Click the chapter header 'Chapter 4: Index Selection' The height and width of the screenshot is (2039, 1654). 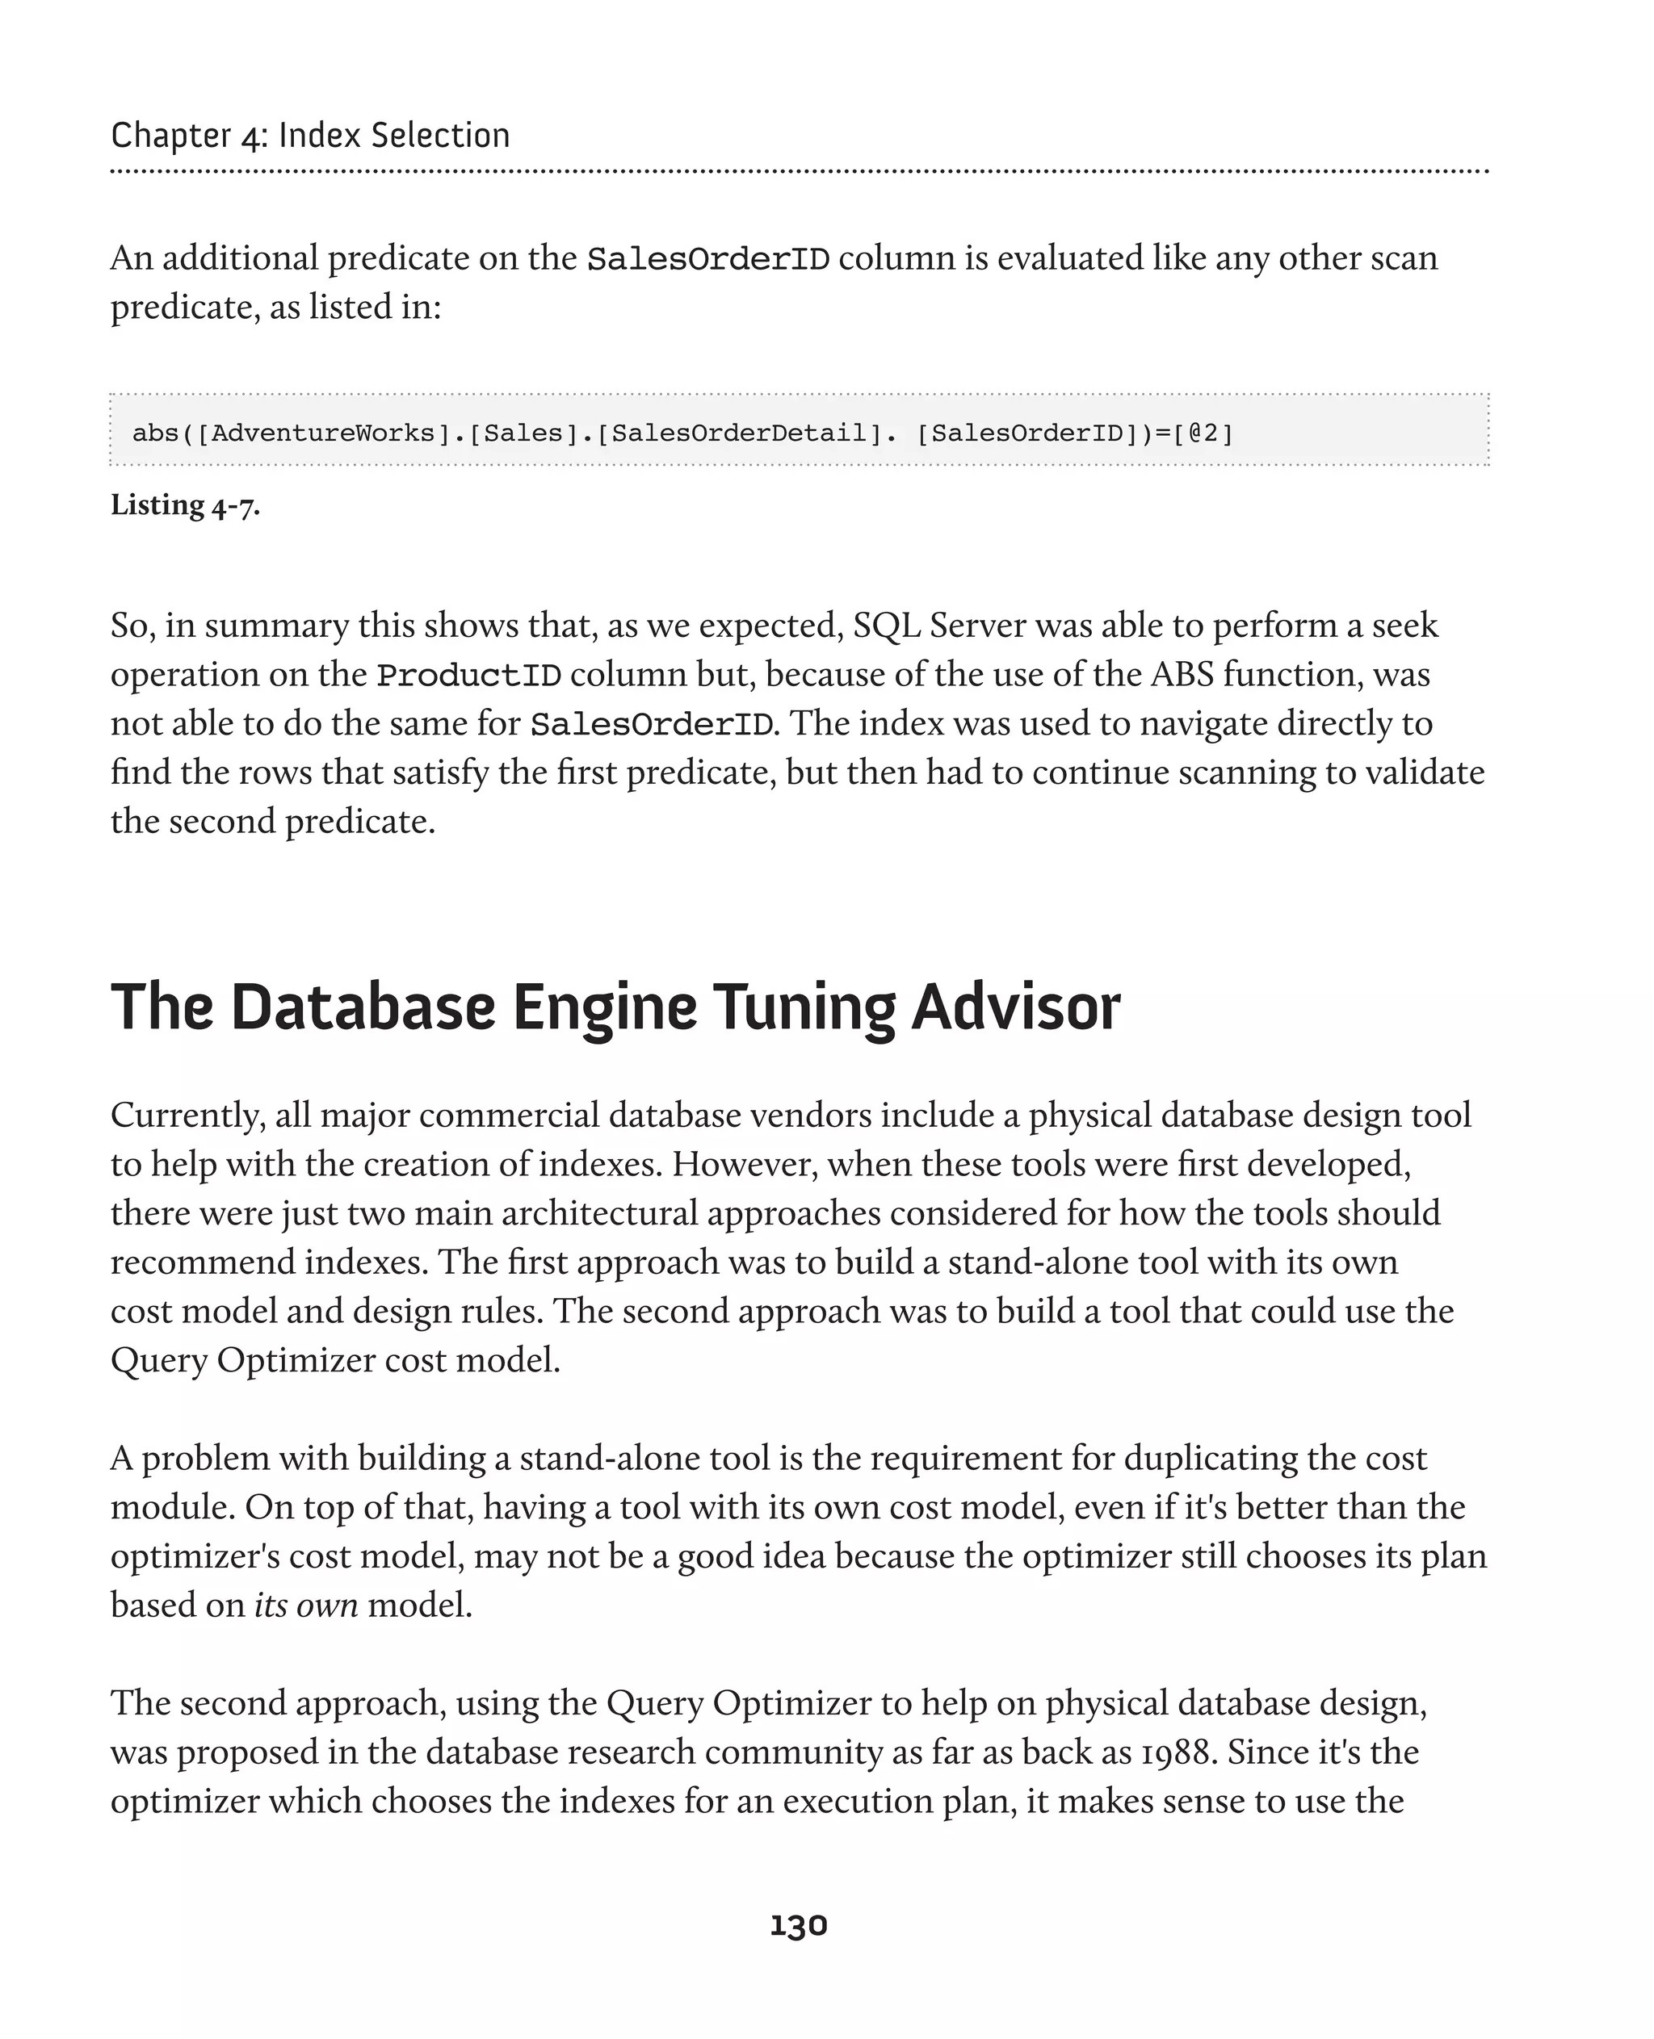(x=311, y=136)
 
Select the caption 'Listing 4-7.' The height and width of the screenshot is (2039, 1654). (x=185, y=505)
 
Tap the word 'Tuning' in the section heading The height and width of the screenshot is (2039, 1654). (x=804, y=1007)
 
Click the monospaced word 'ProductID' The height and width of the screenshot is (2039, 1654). (x=468, y=675)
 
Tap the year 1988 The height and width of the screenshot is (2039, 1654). (x=1178, y=1752)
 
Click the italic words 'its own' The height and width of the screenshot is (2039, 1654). (x=306, y=1606)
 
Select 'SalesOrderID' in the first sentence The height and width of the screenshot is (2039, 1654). (x=708, y=259)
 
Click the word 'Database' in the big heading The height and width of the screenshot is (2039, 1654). (x=362, y=1007)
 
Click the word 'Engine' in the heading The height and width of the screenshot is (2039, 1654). (x=604, y=1007)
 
